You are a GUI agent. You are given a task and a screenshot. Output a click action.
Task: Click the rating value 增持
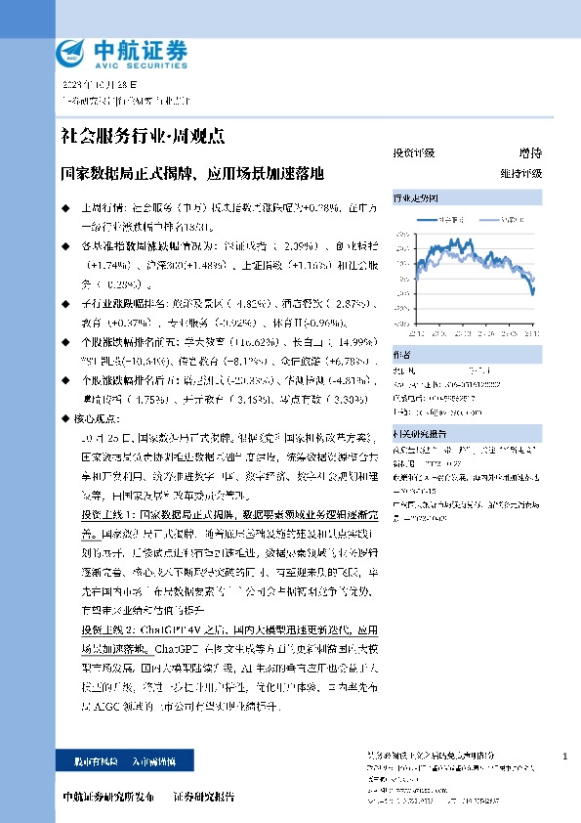coord(529,152)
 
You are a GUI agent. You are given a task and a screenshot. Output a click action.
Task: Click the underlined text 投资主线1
coord(104,513)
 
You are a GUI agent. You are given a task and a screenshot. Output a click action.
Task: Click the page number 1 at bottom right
coord(565,757)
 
